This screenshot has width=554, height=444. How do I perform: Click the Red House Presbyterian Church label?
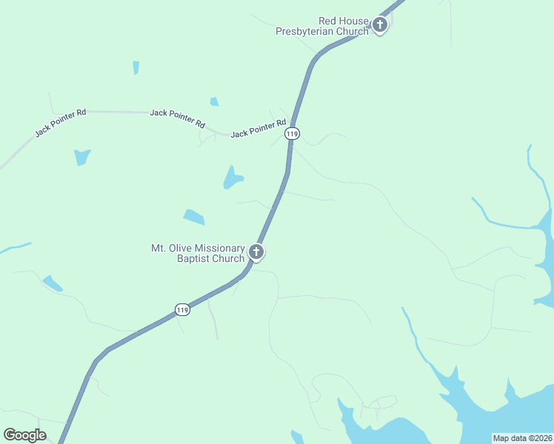pos(322,26)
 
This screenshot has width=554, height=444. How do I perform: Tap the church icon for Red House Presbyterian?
pos(380,26)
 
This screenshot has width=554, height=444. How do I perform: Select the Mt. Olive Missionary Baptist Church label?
pos(198,253)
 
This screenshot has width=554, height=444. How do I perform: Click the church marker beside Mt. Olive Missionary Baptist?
pos(256,252)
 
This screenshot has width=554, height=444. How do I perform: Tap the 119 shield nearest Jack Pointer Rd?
pos(293,134)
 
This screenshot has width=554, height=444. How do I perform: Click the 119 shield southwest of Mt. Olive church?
pos(183,309)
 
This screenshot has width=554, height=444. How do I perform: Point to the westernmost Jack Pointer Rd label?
pos(61,123)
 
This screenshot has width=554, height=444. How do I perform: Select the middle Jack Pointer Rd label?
pos(177,118)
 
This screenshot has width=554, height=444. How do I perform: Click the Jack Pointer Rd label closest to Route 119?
pos(258,128)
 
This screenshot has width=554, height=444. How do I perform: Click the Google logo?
pos(24,435)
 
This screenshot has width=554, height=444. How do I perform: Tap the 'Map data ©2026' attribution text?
pos(522,438)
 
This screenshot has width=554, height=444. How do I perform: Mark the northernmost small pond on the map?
pos(136,67)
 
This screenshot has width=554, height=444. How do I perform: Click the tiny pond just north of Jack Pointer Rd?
pos(214,101)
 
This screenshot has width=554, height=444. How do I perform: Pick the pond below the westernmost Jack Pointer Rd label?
pos(81,157)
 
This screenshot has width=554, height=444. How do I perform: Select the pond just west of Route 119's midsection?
pos(233,178)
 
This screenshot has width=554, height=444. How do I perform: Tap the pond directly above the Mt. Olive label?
pos(194,217)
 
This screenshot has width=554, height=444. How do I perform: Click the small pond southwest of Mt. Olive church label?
pos(52,283)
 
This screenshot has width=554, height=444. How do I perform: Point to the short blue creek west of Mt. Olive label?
pos(15,247)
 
